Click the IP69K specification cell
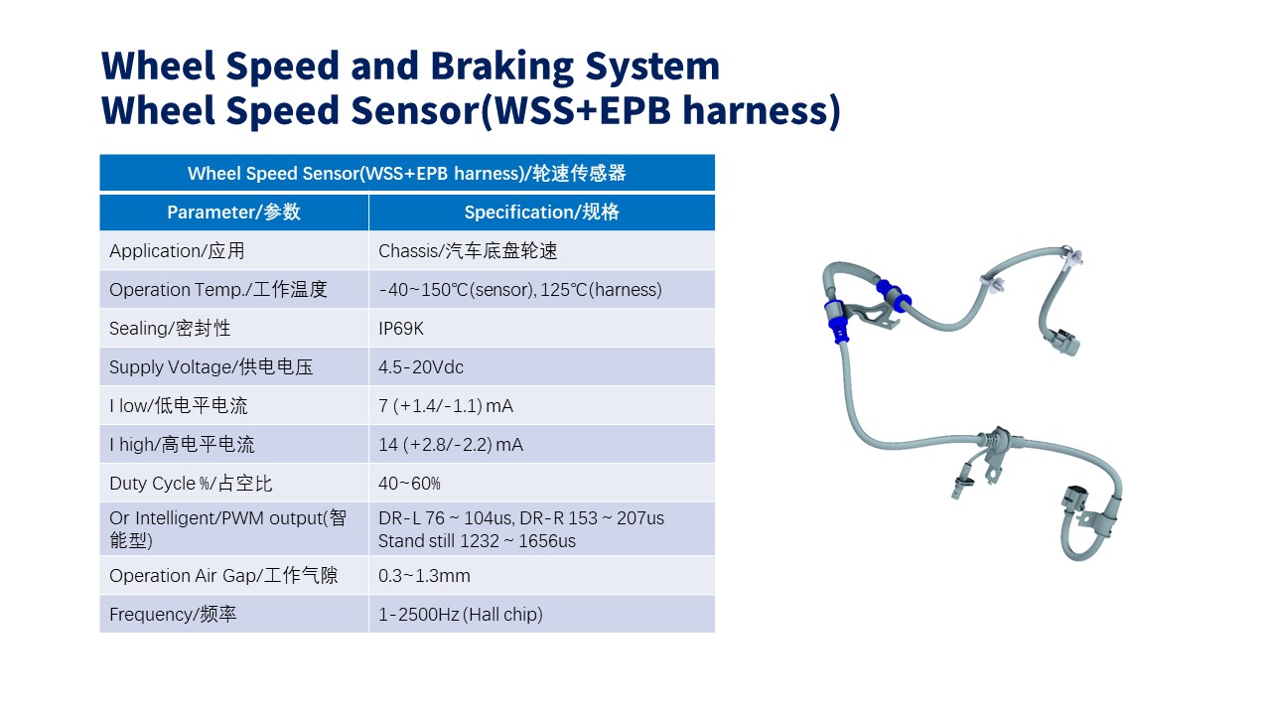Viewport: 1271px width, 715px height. [400, 329]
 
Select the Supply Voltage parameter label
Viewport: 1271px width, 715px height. [212, 367]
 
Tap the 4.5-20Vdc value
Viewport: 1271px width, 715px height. [420, 367]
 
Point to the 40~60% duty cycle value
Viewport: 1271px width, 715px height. [409, 484]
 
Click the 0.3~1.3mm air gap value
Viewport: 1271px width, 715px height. [424, 576]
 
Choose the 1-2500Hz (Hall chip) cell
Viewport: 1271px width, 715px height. [460, 615]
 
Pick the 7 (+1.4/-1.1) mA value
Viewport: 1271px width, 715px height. [446, 406]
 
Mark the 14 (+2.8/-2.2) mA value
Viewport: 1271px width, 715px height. [451, 445]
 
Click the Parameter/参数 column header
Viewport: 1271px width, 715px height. [233, 213]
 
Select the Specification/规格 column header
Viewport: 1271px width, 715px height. [542, 213]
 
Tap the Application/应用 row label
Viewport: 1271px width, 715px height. [177, 251]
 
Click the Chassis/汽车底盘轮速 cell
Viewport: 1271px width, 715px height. [468, 251]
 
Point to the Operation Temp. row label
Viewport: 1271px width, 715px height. [218, 289]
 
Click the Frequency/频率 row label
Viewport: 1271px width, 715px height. [173, 615]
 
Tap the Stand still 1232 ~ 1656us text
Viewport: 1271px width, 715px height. [477, 541]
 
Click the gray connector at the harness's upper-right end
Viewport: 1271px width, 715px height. [1062, 343]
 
